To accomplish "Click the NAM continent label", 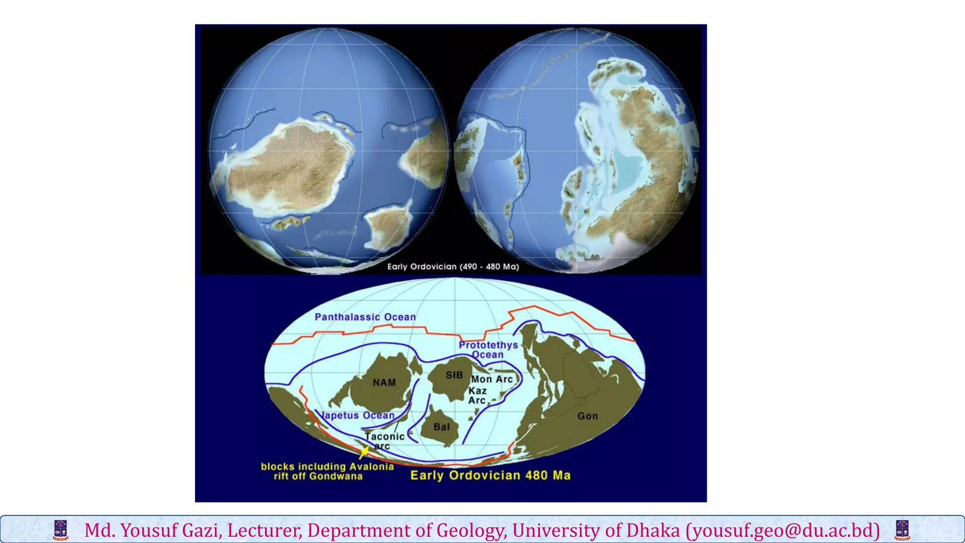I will [384, 383].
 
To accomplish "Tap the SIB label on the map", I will [454, 375].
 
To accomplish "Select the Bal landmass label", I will [442, 427].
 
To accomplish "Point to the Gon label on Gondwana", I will [588, 416].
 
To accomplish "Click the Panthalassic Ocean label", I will [365, 317].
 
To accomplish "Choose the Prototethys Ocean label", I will [488, 350].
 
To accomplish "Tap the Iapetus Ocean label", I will [358, 415].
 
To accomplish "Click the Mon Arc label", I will [492, 379].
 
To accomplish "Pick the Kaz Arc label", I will [477, 395].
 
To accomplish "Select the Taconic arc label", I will [384, 441].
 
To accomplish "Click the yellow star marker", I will [364, 452].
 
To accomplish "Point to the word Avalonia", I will [371, 467].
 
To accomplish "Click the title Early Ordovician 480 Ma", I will [490, 475].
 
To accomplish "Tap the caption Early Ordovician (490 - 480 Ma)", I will [453, 267].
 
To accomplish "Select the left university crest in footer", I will [61, 530].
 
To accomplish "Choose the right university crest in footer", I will [902, 530].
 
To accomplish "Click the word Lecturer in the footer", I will [264, 530].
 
